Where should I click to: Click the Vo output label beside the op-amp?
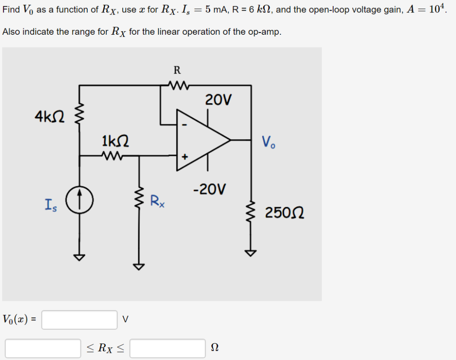pyautogui.click(x=268, y=142)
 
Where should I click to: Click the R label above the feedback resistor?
pyautogui.click(x=177, y=70)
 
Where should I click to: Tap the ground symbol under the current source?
pyautogui.click(x=80, y=257)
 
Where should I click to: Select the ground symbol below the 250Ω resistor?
pyautogui.click(x=251, y=253)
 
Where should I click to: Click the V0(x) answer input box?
pyautogui.click(x=79, y=320)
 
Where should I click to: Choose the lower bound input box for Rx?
pyautogui.click(x=43, y=348)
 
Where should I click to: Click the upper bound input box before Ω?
pyautogui.click(x=167, y=348)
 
